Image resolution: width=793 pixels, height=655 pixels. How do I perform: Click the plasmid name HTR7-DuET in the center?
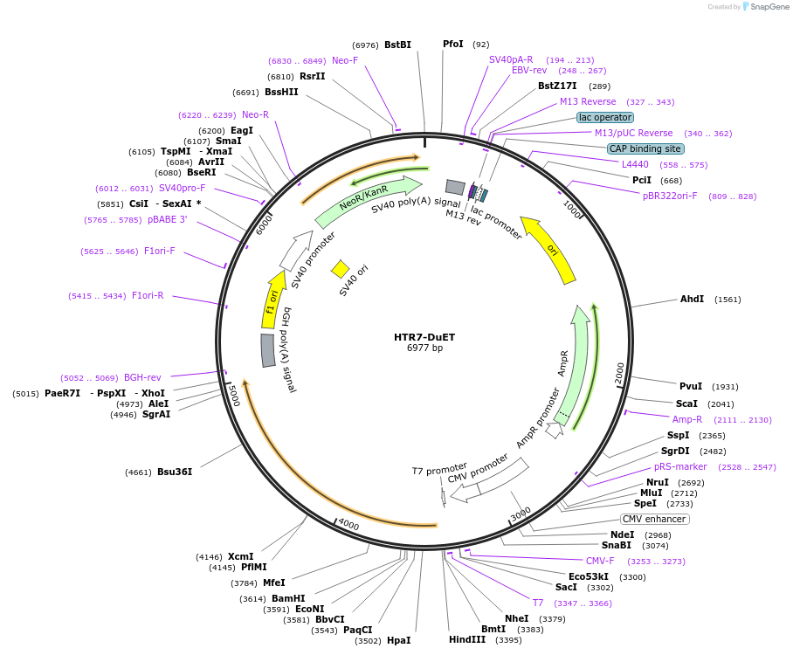tap(424, 337)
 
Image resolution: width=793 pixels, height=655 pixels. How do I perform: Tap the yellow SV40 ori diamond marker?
tap(340, 269)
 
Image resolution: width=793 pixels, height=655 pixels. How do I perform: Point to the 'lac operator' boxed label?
tap(605, 117)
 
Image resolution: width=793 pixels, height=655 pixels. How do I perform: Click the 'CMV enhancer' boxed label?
tap(655, 519)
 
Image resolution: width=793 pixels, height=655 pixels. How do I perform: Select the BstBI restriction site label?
tap(397, 45)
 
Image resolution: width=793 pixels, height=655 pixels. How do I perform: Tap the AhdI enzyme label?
tap(692, 299)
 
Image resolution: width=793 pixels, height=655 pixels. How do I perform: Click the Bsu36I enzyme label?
tap(174, 472)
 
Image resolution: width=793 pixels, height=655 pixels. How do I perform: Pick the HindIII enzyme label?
tap(466, 639)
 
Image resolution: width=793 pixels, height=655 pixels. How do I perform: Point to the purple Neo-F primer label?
tap(345, 60)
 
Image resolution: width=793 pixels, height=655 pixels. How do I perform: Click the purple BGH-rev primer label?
tap(142, 377)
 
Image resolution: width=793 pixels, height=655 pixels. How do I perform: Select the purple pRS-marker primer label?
tap(680, 466)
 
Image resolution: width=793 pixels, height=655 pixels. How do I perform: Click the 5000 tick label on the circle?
tap(232, 395)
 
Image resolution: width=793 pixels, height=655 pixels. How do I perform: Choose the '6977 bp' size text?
tap(424, 348)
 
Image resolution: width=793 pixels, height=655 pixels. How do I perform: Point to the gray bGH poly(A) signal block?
tap(268, 349)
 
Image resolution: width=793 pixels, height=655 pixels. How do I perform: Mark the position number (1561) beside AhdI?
tap(727, 300)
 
